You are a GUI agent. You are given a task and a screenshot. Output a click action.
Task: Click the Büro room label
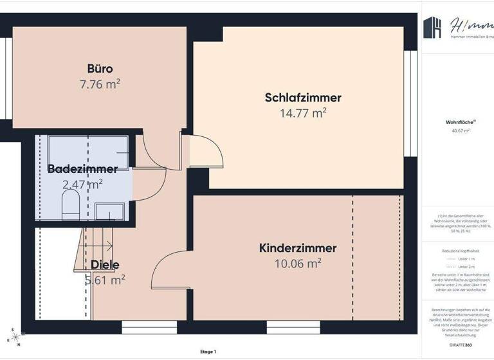(x=100, y=68)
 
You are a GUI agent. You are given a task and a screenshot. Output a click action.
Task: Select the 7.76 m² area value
(x=100, y=84)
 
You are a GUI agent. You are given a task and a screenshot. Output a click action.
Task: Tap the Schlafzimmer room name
(x=302, y=98)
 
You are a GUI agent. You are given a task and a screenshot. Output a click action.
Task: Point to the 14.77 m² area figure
(x=302, y=114)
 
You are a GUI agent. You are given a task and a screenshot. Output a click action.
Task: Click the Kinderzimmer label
(x=297, y=248)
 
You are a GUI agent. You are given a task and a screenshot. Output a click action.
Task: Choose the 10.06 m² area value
(x=297, y=263)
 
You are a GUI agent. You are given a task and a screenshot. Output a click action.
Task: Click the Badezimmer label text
(x=82, y=169)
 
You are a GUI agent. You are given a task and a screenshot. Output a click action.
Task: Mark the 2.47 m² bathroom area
(x=82, y=185)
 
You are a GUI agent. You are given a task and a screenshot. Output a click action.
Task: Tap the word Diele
(x=105, y=264)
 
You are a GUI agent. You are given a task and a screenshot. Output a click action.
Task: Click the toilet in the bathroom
(x=70, y=206)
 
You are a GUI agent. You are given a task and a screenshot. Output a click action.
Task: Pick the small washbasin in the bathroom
(x=110, y=210)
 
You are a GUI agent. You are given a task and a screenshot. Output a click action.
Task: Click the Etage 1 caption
(x=208, y=352)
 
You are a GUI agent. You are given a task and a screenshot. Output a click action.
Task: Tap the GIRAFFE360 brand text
(x=461, y=345)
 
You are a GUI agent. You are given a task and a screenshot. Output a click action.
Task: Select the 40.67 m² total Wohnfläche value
(x=461, y=130)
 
